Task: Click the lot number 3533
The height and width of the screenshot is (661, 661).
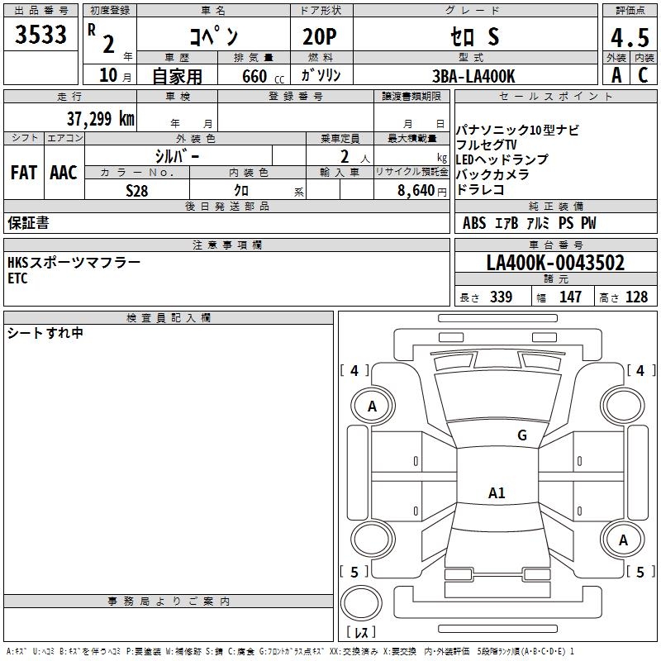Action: pos(41,36)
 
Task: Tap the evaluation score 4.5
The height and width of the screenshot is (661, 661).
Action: pos(628,38)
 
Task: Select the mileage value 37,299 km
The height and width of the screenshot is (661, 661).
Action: pos(101,119)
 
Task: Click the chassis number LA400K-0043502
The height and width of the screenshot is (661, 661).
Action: pos(555,264)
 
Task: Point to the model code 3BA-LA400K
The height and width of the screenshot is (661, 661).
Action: pos(473,76)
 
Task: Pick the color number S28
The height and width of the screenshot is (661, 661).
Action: pos(137,191)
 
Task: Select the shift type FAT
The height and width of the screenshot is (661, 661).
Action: pos(23,173)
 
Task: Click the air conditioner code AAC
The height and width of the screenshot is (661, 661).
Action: pos(64,173)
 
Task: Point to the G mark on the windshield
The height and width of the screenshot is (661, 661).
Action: pos(522,435)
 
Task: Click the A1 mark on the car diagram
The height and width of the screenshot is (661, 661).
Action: pos(497,493)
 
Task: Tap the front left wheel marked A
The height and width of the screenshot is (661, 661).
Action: pos(373,406)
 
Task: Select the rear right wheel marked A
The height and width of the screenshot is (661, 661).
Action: pos(624,540)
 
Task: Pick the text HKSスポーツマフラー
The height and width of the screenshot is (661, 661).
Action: pos(74,262)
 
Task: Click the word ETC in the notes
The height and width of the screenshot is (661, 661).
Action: pos(17,279)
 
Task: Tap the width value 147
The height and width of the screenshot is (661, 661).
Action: pos(570,297)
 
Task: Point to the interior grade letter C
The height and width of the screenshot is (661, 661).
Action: pos(642,75)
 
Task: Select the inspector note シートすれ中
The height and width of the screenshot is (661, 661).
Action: pos(45,333)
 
